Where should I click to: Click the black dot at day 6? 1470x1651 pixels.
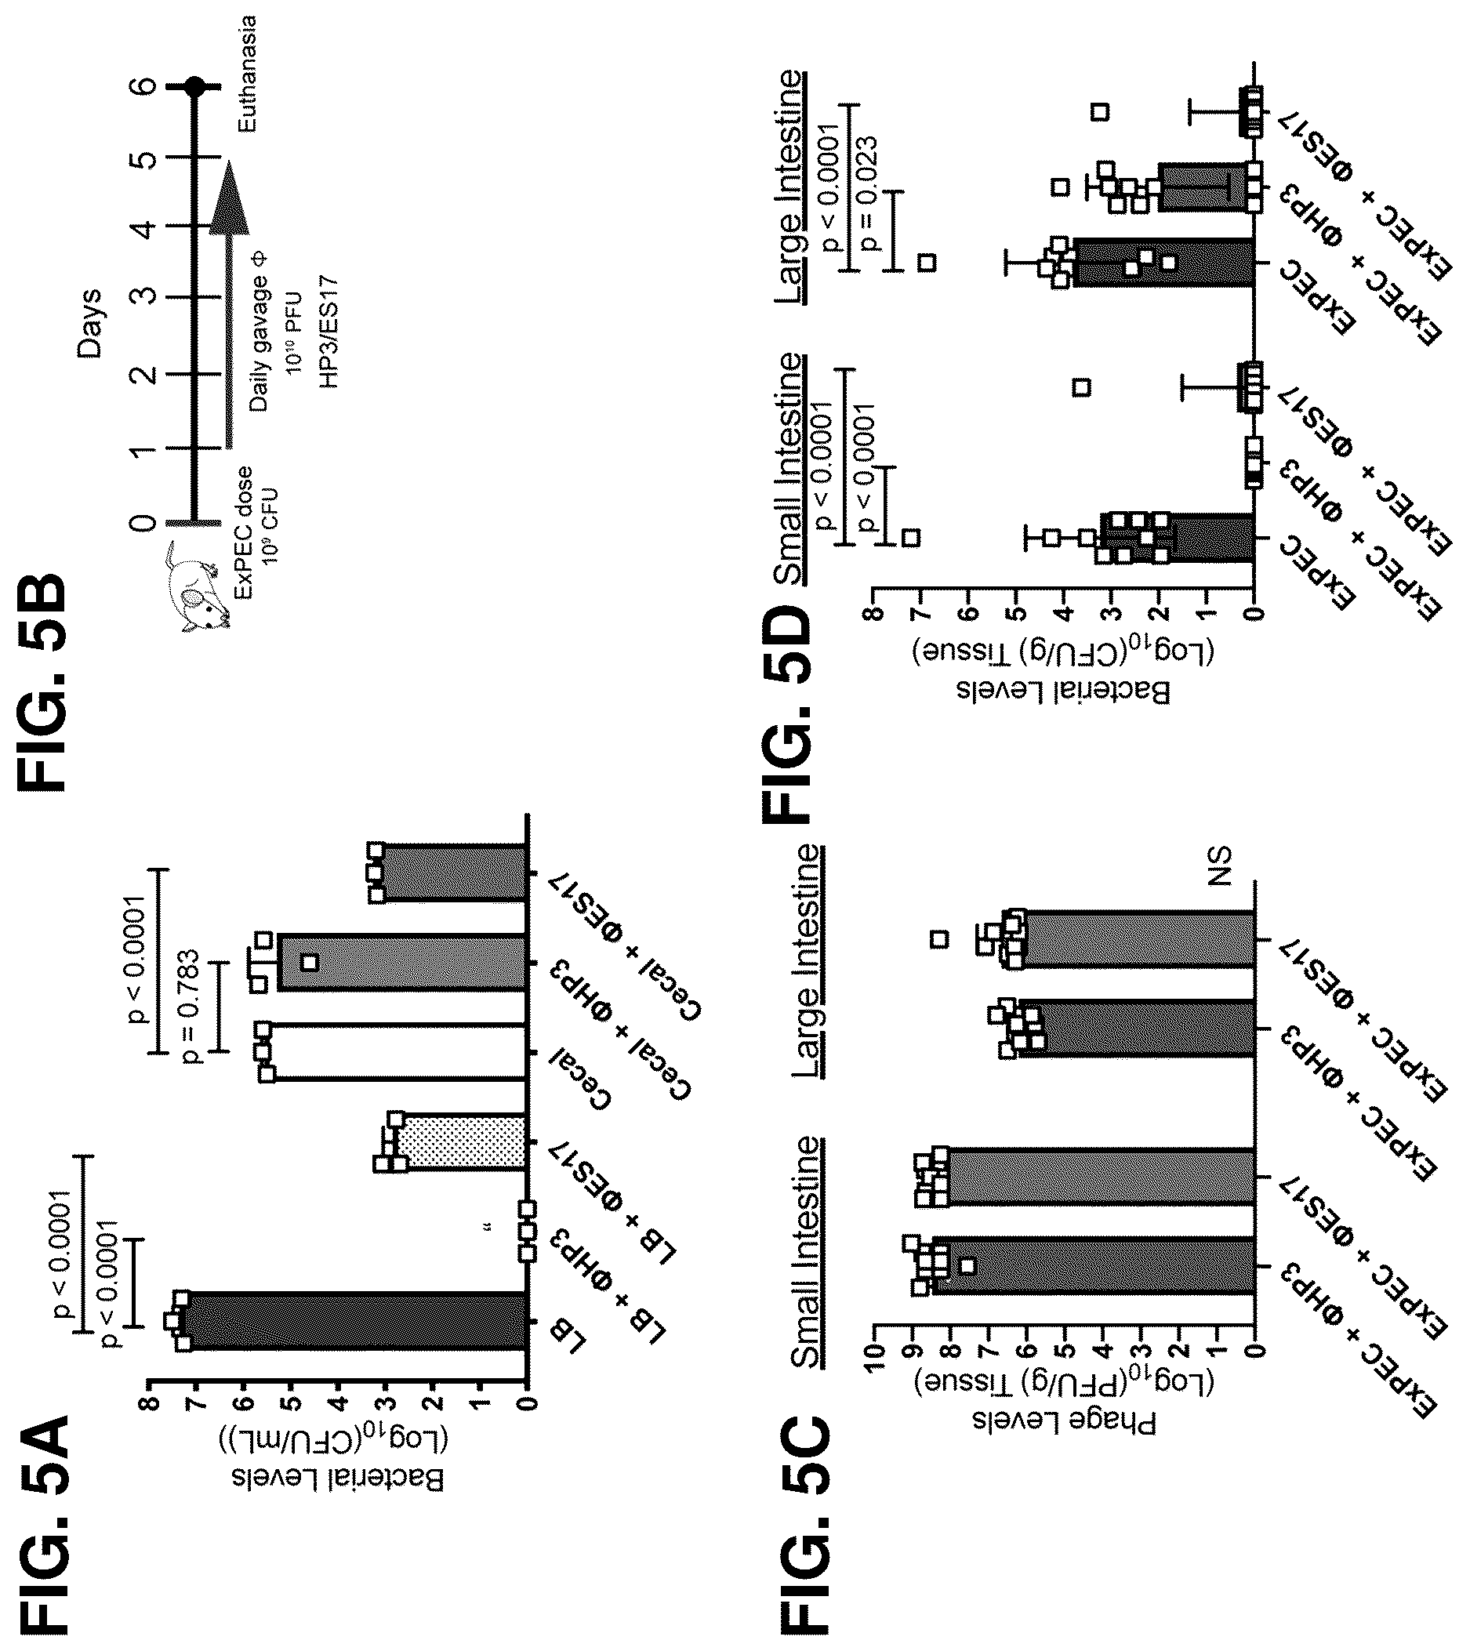click(x=194, y=85)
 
